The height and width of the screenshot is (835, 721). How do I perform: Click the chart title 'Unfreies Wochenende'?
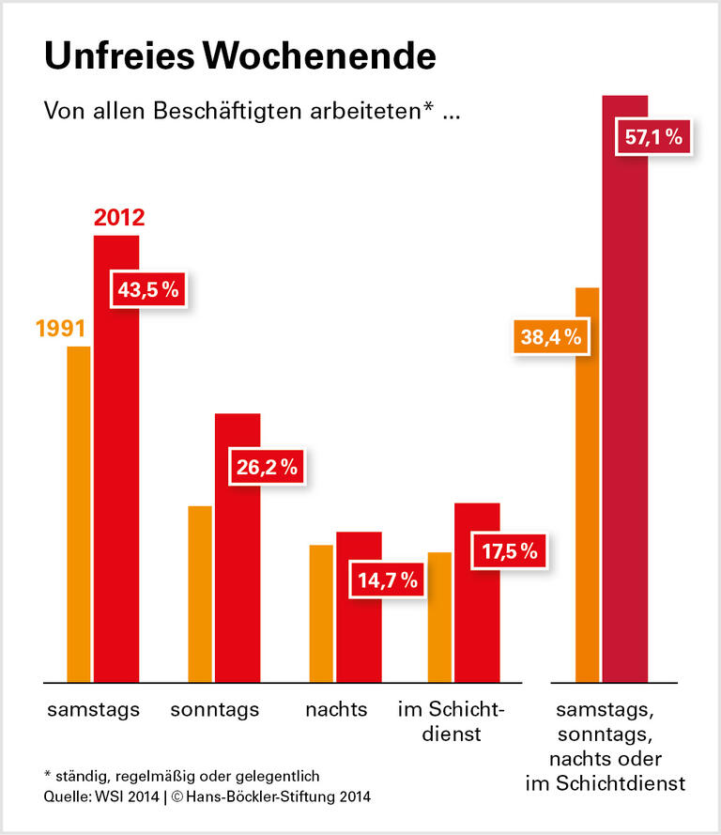(239, 56)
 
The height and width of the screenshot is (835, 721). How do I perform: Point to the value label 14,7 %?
(387, 580)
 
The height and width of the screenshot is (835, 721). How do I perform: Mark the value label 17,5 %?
(510, 551)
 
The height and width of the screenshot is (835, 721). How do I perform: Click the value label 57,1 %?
(653, 138)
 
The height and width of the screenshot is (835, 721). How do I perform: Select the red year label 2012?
(119, 220)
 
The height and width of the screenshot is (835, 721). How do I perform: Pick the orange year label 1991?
(61, 330)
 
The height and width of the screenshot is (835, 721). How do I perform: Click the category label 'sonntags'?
(215, 709)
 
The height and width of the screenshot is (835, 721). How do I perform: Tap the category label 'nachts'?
(336, 709)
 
